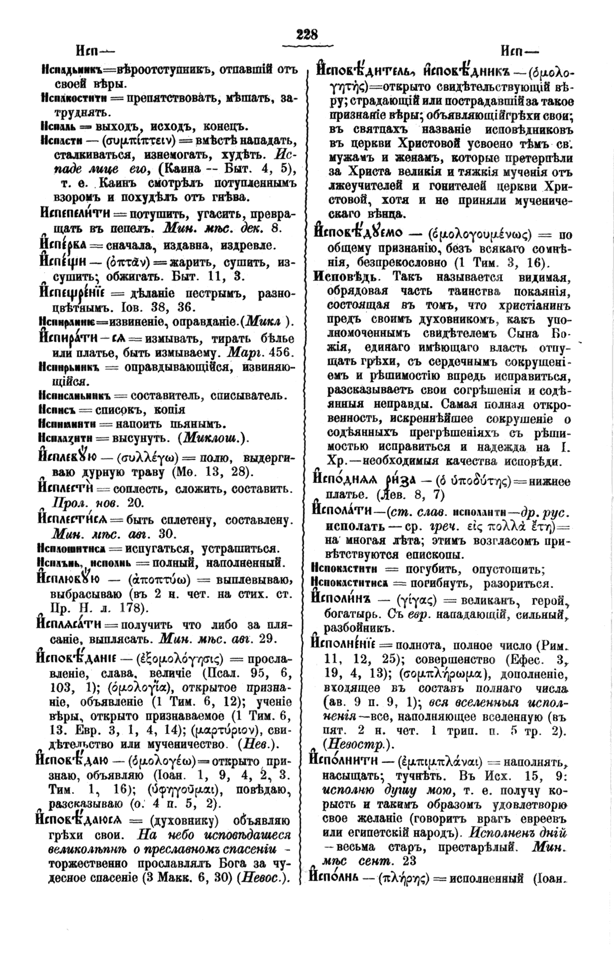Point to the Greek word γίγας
pos(414,601)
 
